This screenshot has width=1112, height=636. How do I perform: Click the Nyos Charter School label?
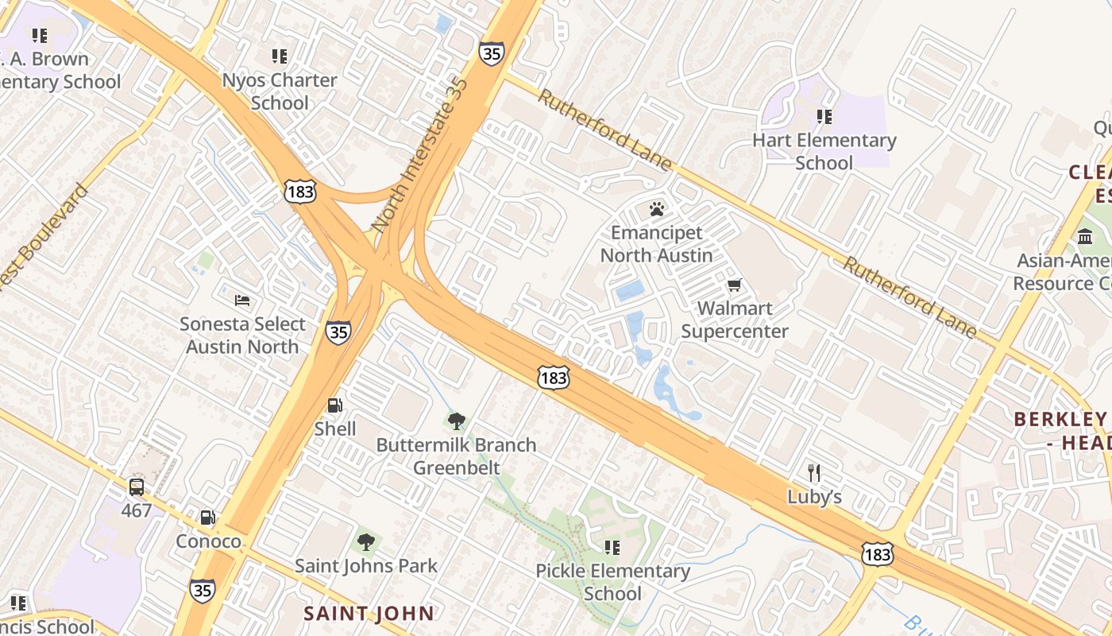click(x=280, y=91)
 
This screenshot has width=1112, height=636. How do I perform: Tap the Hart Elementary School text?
click(x=824, y=151)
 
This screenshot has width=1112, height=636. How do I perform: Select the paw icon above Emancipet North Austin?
click(x=657, y=209)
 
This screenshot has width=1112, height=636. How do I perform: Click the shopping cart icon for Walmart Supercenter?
click(x=735, y=285)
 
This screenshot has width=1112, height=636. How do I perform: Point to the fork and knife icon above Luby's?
click(x=814, y=473)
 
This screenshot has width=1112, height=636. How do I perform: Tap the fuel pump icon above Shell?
click(x=335, y=405)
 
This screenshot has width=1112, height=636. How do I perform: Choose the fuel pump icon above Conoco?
click(x=208, y=518)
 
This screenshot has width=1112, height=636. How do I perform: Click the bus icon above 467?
click(x=137, y=487)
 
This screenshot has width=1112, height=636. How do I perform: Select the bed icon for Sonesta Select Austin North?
click(x=242, y=301)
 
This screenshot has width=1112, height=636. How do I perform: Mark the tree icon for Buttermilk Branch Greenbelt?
click(x=456, y=421)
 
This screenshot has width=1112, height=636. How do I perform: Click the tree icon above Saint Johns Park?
click(x=366, y=542)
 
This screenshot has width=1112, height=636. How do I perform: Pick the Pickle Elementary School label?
click(x=612, y=582)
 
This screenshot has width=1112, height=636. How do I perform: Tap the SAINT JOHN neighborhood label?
click(x=369, y=613)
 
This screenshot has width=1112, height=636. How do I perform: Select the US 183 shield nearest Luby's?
click(x=878, y=553)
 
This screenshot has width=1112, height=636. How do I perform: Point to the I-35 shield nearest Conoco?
click(x=202, y=590)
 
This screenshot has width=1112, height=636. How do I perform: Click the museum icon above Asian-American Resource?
click(x=1085, y=237)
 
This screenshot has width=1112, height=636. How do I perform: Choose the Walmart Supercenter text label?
click(x=735, y=320)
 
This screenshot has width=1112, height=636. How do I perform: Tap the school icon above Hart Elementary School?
click(x=824, y=117)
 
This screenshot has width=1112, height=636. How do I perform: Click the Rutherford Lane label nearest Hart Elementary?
click(x=605, y=130)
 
